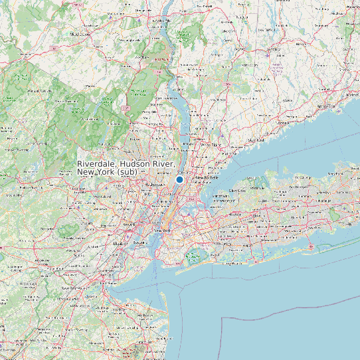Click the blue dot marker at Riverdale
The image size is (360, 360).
[x=179, y=179]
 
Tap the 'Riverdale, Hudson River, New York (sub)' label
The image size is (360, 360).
[x=126, y=167]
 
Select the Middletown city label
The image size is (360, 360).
[x=80, y=34]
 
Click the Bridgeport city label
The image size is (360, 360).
[x=326, y=106]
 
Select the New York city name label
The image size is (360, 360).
[x=163, y=230]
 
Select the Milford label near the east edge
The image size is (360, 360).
[x=351, y=94]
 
